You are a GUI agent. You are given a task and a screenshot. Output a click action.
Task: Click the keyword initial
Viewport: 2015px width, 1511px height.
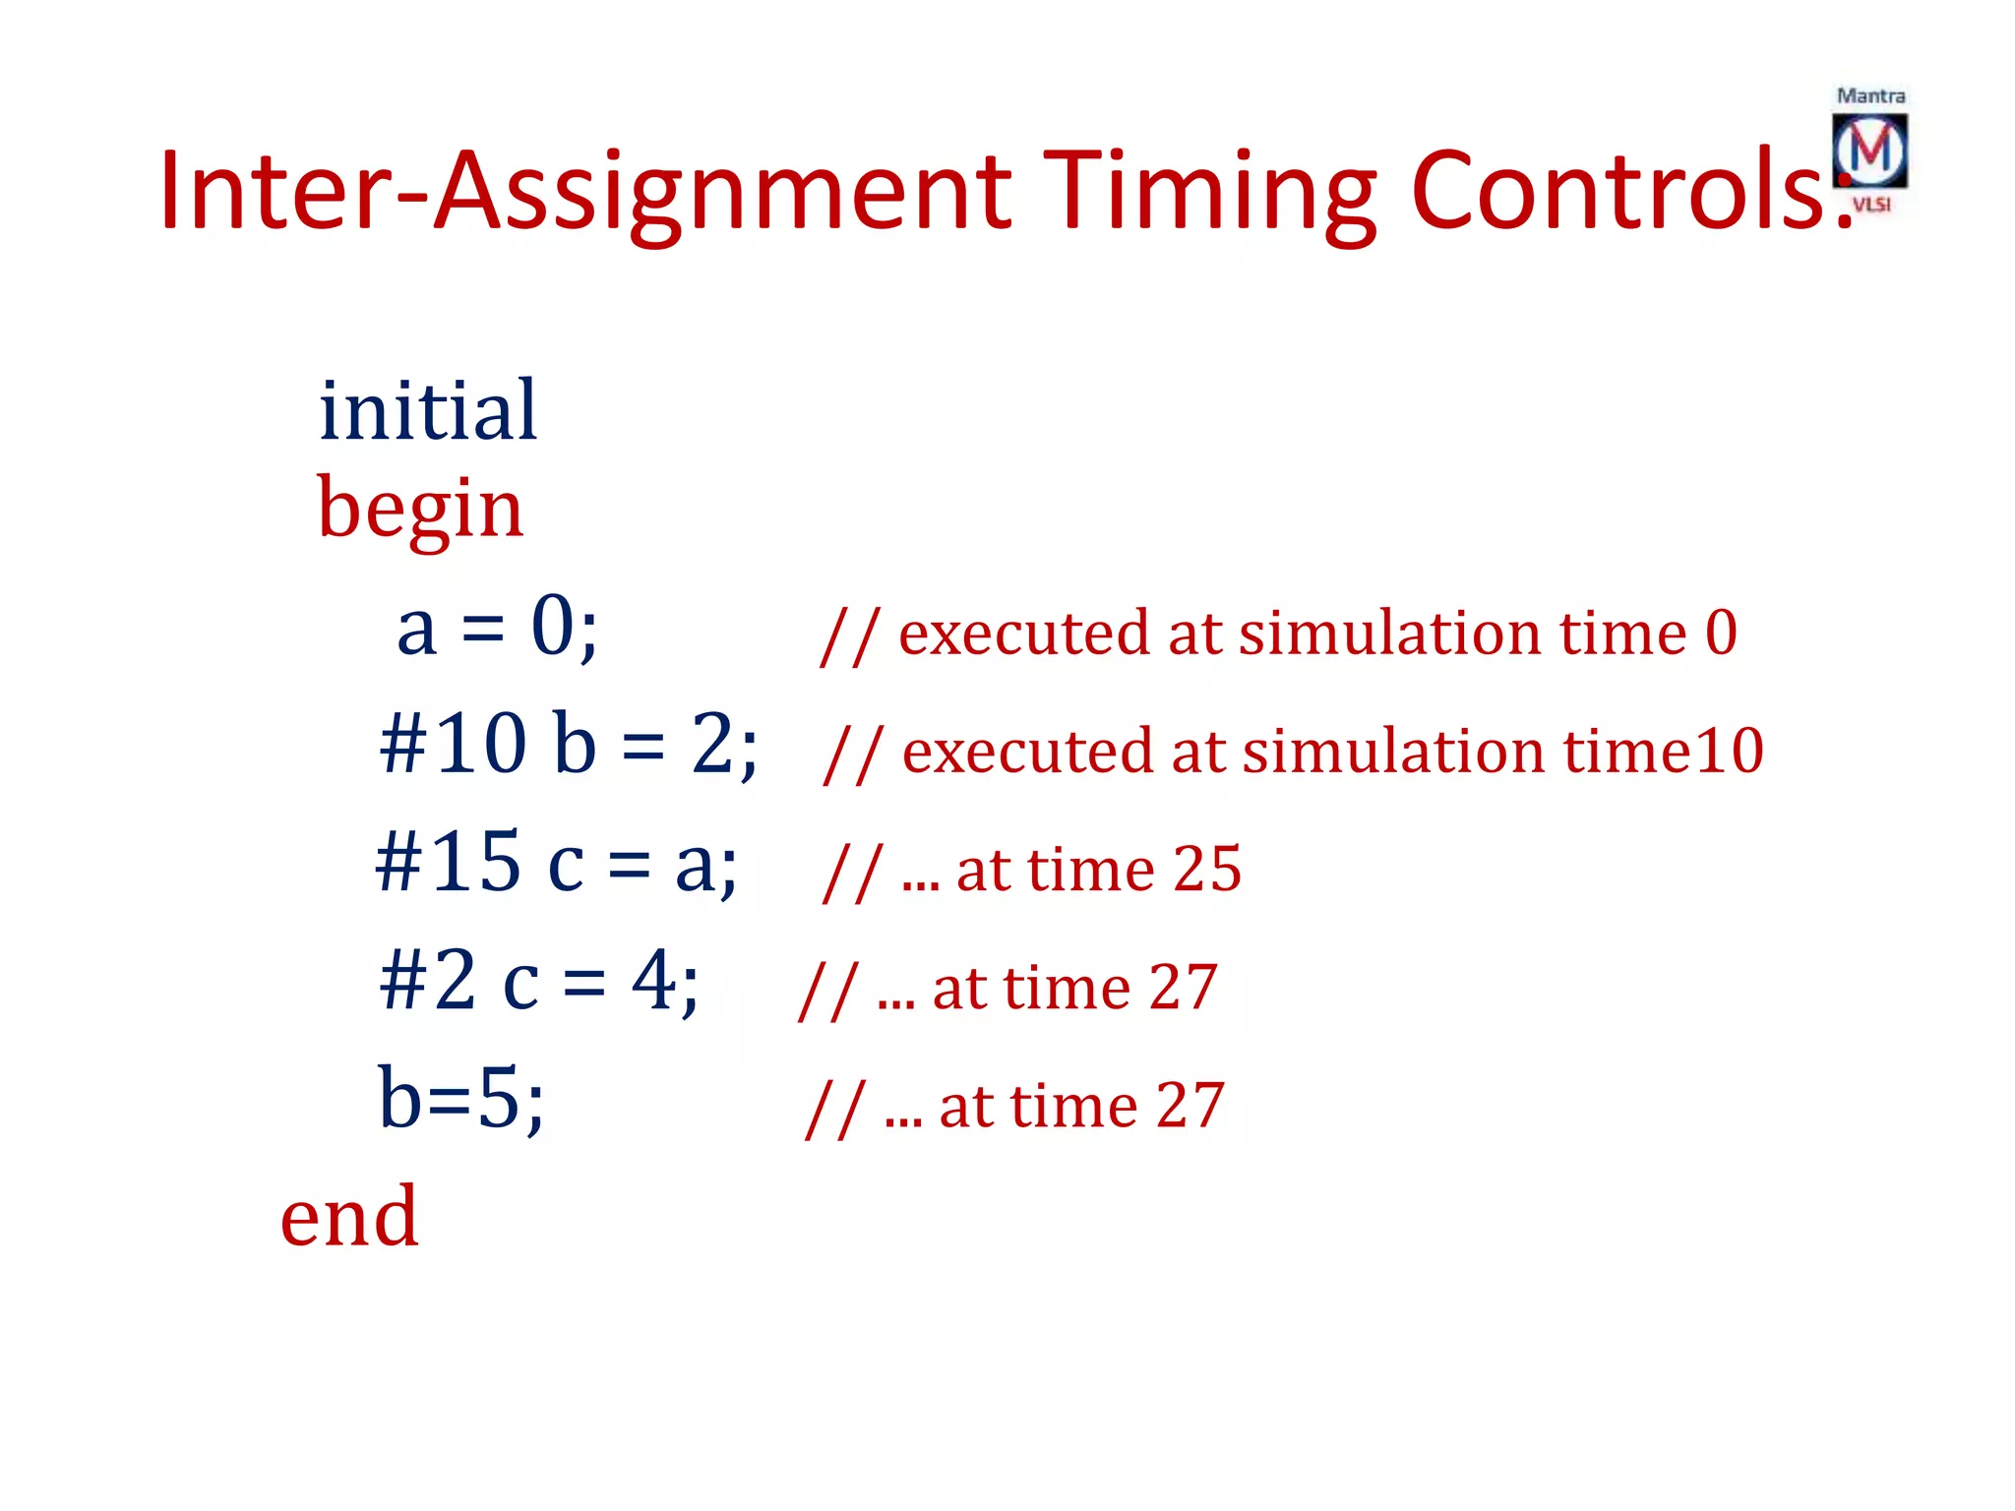point(428,410)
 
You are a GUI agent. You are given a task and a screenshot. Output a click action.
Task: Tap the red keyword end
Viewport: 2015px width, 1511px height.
point(349,1217)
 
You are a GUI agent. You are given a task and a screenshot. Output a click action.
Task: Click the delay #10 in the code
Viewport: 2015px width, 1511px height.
point(453,744)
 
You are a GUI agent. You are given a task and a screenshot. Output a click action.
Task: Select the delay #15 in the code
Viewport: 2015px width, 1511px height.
point(448,863)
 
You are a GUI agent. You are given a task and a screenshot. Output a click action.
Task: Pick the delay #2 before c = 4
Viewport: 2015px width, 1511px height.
point(428,981)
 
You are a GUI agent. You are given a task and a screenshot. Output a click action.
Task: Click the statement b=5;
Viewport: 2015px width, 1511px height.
point(460,1099)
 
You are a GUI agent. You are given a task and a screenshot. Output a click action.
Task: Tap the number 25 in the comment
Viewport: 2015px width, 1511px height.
point(1207,869)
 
